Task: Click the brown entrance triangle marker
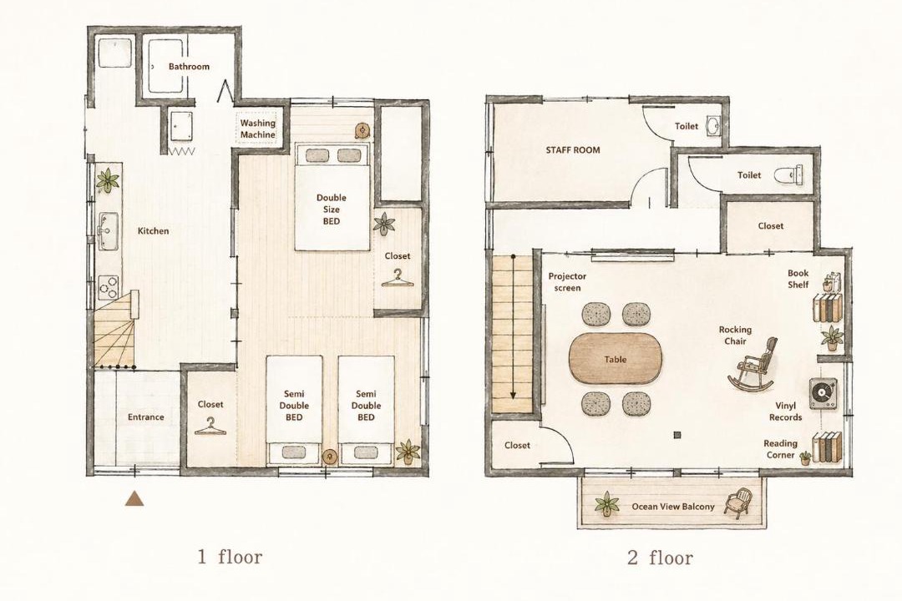(134, 498)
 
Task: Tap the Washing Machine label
(258, 129)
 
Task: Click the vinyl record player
(823, 393)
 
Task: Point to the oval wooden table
(616, 359)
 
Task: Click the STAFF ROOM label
(573, 150)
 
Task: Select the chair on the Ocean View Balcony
(738, 503)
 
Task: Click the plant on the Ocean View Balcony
(606, 504)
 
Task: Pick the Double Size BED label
(332, 210)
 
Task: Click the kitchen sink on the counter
(108, 231)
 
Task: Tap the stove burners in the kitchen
(108, 286)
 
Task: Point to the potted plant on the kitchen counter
(108, 180)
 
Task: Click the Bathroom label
(189, 67)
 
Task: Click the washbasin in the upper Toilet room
(713, 126)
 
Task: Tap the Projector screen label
(567, 282)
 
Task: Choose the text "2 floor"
(660, 558)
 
